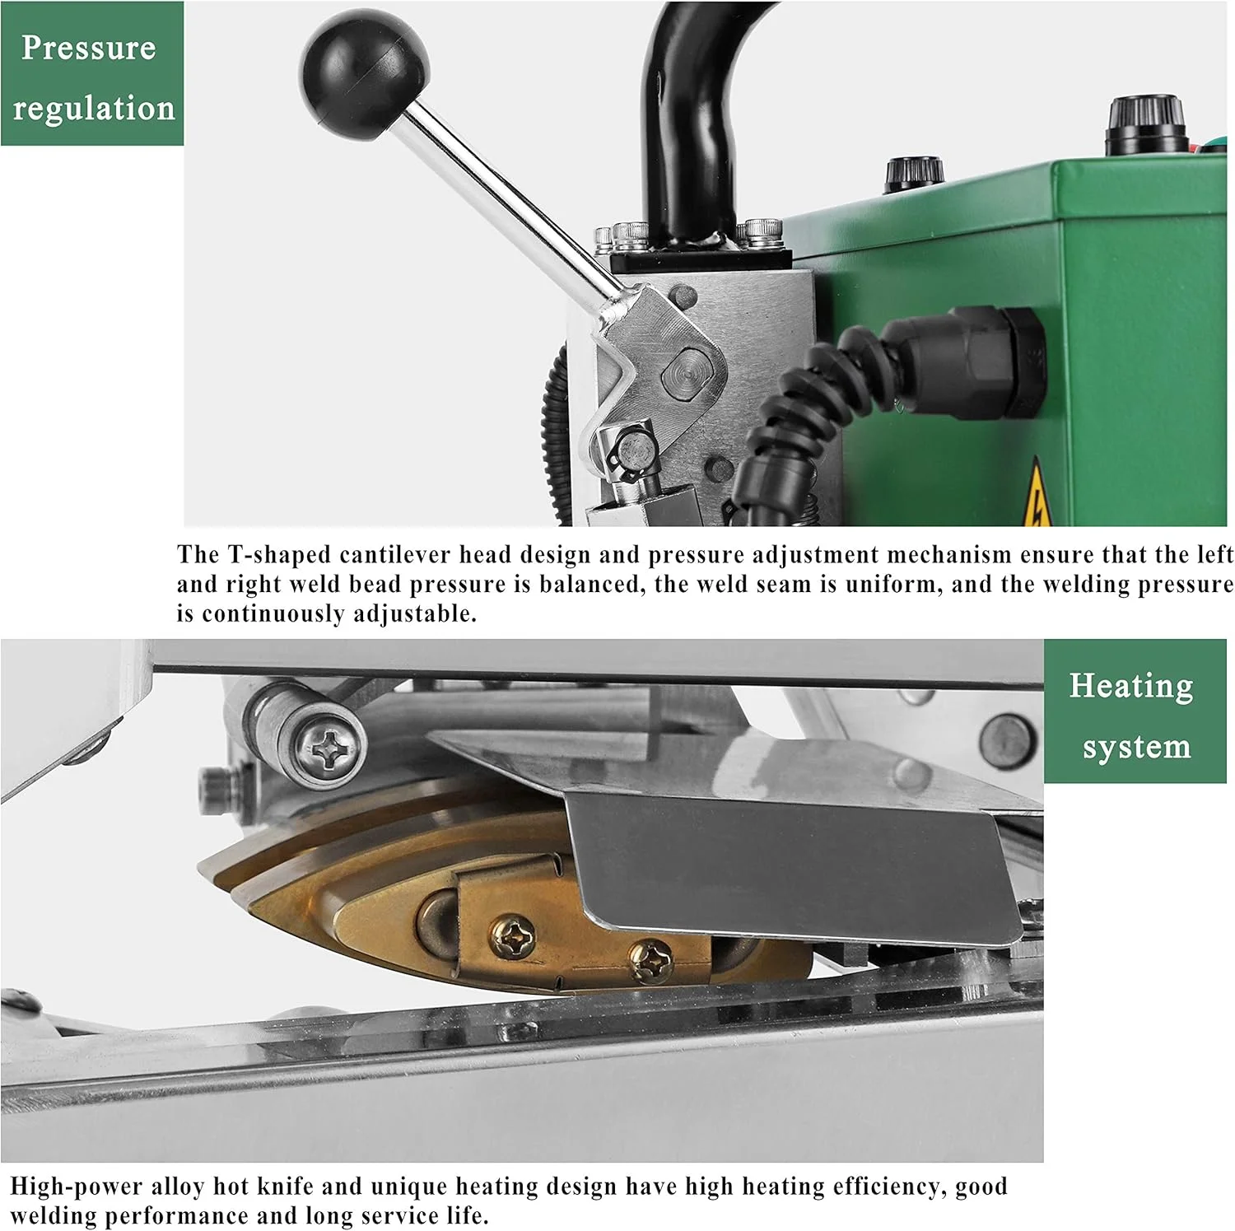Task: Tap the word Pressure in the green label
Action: click(x=89, y=48)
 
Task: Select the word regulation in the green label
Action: click(x=94, y=109)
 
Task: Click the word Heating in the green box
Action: click(x=1131, y=685)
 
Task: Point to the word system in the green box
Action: click(x=1136, y=747)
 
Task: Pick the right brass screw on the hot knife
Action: click(x=650, y=958)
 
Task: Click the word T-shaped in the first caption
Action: click(x=268, y=555)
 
